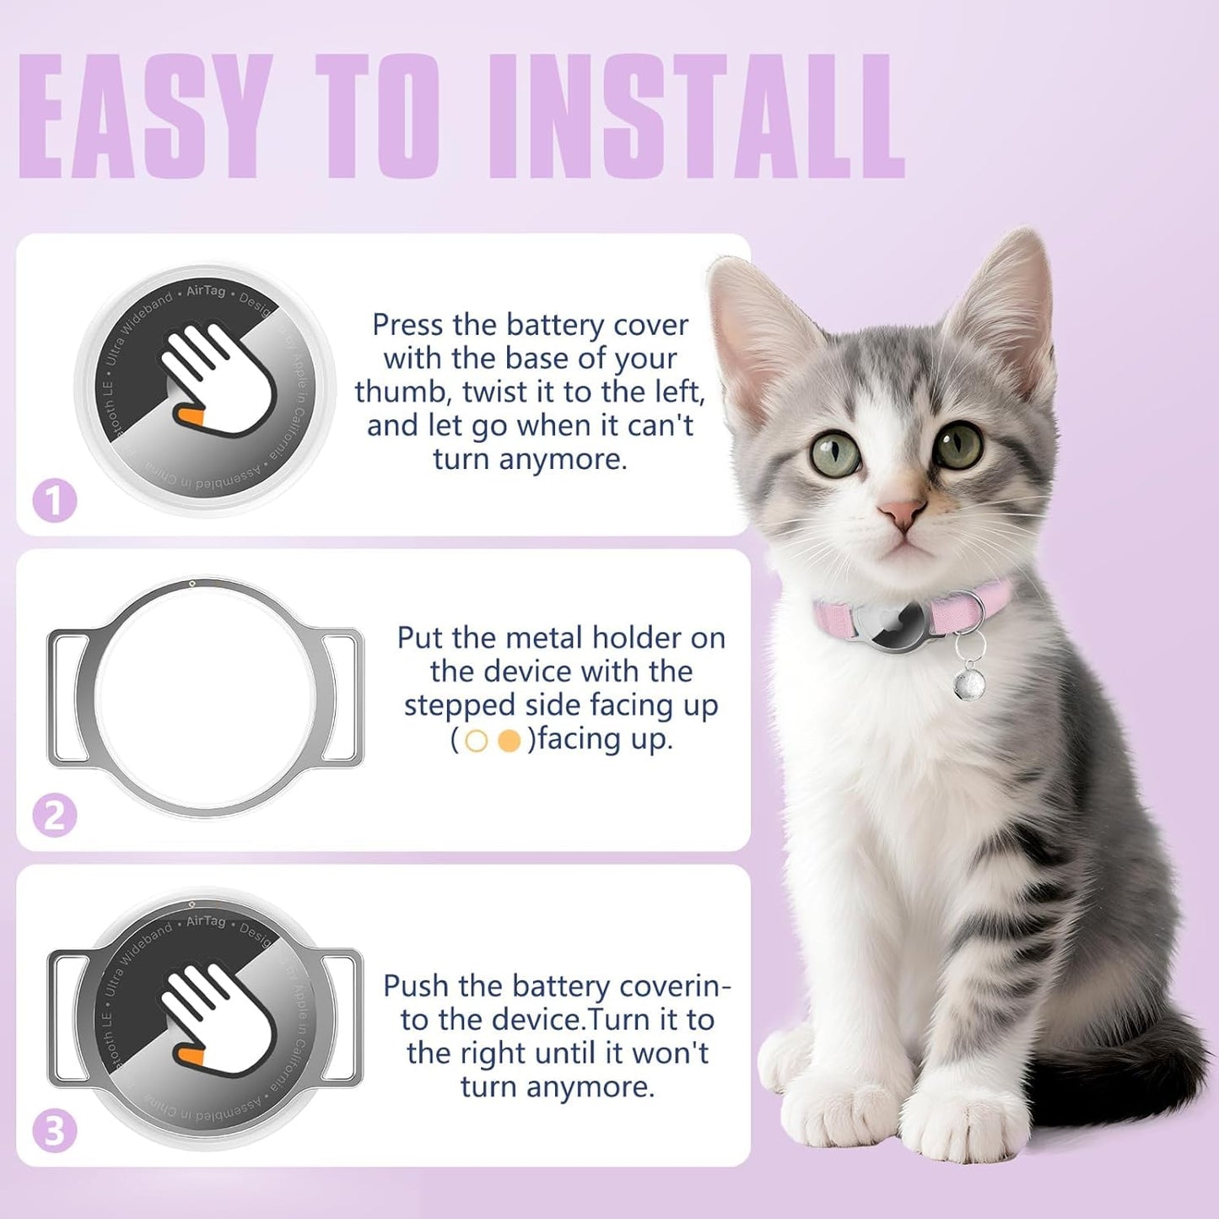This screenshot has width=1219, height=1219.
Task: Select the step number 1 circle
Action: coord(55,500)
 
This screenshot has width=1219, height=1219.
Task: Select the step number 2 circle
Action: coord(55,816)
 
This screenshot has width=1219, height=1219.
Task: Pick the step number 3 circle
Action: coord(55,1130)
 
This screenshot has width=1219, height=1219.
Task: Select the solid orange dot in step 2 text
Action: coord(509,741)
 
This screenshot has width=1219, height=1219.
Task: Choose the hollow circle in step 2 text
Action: coord(477,741)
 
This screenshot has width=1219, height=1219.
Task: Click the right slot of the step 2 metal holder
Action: coord(340,698)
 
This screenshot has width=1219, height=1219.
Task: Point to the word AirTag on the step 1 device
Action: coord(205,290)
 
